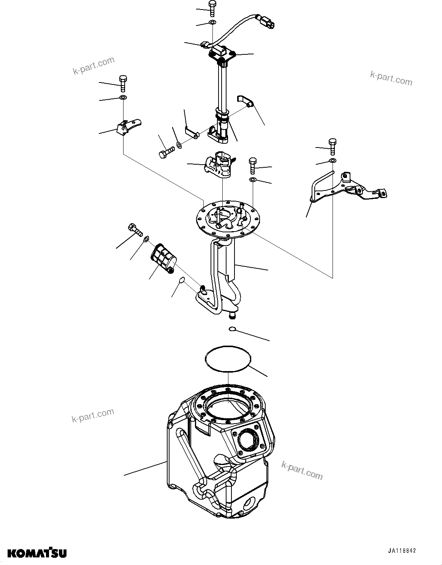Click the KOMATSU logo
(x=37, y=553)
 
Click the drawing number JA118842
(x=402, y=550)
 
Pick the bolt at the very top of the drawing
(x=212, y=8)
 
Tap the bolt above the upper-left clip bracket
(x=123, y=83)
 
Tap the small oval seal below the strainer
(x=182, y=280)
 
